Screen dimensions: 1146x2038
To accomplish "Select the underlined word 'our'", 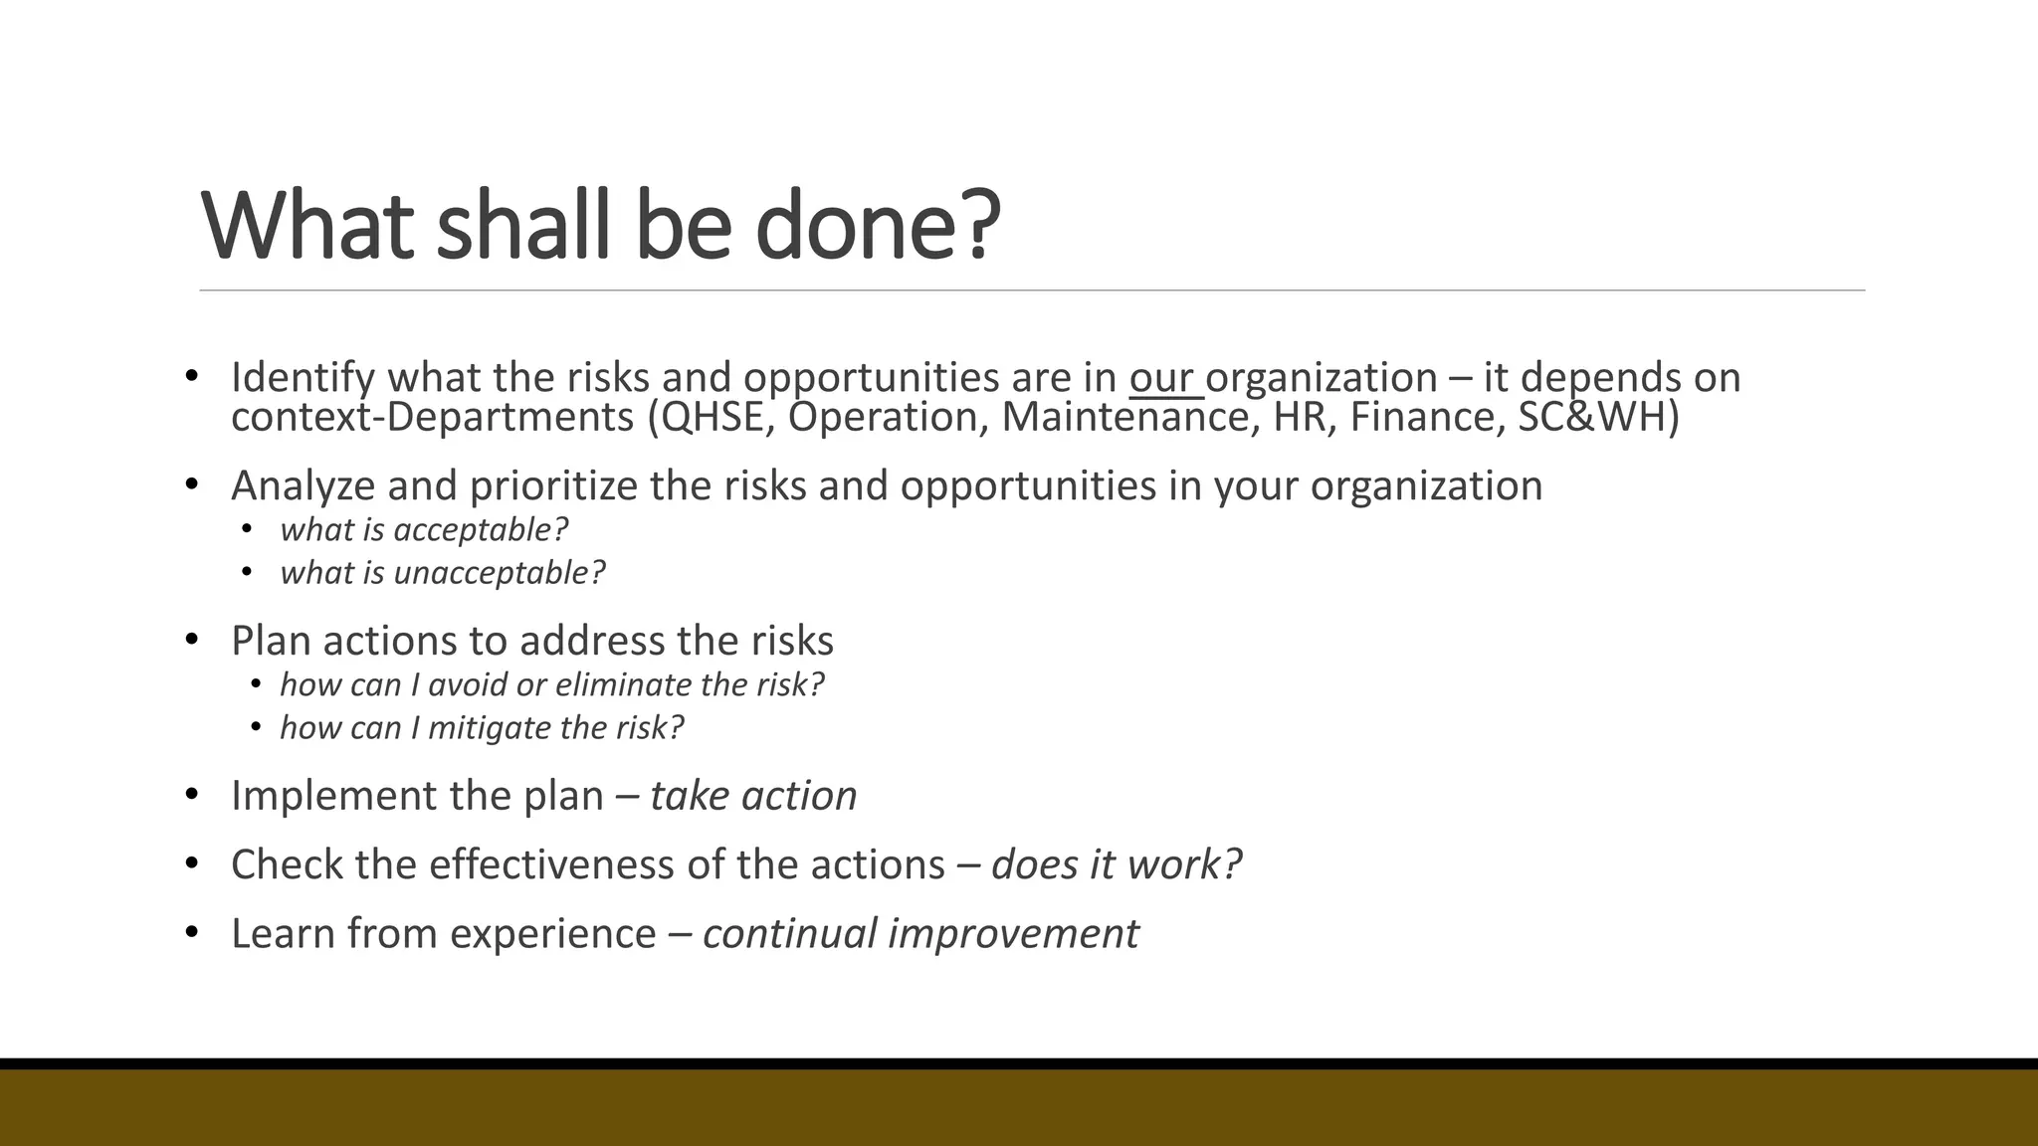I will coord(1160,379).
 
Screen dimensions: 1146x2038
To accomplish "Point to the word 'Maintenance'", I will coord(1125,417).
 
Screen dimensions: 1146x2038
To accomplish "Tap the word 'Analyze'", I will coord(303,486).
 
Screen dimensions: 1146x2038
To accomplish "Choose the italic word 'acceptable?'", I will coord(481,530).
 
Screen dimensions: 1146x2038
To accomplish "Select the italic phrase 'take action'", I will coord(753,797).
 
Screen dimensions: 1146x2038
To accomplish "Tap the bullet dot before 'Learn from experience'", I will coord(192,933).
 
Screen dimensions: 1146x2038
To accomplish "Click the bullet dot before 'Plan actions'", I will coord(192,640).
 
